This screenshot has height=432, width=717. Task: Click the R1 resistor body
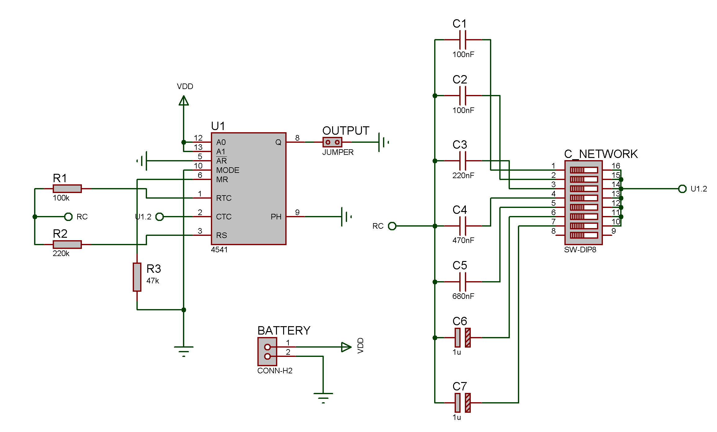(x=67, y=189)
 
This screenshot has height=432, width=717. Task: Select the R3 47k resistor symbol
(x=137, y=277)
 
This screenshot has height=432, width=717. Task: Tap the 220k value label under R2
(x=61, y=254)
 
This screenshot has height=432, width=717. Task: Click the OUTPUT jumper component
(x=332, y=142)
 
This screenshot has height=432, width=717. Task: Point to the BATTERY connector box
(x=267, y=352)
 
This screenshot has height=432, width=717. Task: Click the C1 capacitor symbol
(x=463, y=40)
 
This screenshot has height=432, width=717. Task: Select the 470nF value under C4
(x=463, y=240)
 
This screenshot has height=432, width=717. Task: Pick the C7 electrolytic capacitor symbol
(x=463, y=403)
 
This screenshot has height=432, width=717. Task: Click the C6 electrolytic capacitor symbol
(x=463, y=338)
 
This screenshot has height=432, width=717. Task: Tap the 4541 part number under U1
(x=219, y=250)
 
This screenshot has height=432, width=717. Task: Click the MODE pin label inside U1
(x=228, y=170)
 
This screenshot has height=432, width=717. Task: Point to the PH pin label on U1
(x=276, y=217)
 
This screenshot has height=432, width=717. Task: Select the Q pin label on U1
(x=278, y=142)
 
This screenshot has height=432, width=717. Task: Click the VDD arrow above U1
(x=184, y=101)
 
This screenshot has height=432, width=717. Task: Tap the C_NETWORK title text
(x=601, y=154)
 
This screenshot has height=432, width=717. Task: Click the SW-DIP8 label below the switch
(x=580, y=250)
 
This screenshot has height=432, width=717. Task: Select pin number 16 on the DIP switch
(x=616, y=166)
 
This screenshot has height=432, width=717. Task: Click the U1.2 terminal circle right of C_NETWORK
(x=682, y=189)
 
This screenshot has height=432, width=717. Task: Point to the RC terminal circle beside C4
(x=392, y=226)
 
